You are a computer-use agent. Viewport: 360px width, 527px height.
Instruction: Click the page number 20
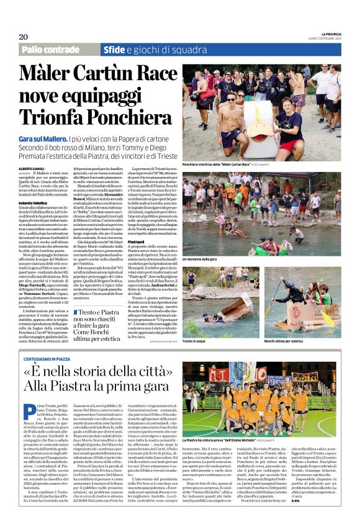(x=24, y=37)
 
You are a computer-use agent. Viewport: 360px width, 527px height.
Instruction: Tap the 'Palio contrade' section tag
(x=50, y=50)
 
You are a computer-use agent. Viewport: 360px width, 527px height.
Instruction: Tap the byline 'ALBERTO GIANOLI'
(x=32, y=169)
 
